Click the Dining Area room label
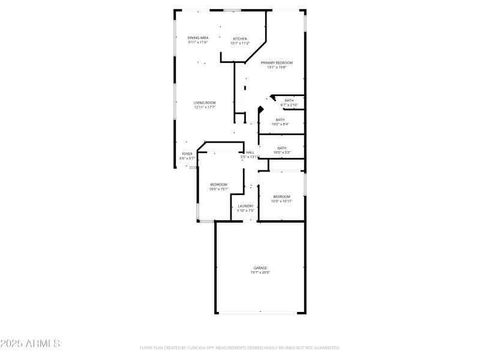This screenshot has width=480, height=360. point(197,38)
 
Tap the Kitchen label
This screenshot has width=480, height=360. point(240,38)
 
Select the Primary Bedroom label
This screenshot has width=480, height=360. point(277,62)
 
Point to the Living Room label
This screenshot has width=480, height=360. point(205,103)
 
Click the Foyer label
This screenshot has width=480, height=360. point(187,154)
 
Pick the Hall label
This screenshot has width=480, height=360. point(250,152)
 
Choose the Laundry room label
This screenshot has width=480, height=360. point(245,206)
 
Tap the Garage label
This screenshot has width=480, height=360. point(260,268)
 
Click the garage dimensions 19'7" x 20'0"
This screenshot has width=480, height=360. point(260,272)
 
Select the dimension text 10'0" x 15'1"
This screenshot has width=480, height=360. point(218,189)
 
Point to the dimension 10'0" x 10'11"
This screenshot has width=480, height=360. point(281,201)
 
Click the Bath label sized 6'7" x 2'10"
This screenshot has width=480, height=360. point(289,100)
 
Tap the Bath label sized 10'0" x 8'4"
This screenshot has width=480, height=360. point(280,119)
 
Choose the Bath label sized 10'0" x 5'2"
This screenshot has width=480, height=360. point(281,148)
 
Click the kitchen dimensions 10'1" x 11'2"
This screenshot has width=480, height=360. point(240,43)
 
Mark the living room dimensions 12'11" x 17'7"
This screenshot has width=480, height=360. point(205,107)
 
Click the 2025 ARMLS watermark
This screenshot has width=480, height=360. point(30,344)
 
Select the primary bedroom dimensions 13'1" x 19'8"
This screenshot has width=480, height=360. point(277,67)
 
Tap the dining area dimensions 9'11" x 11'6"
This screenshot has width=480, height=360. point(197,43)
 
